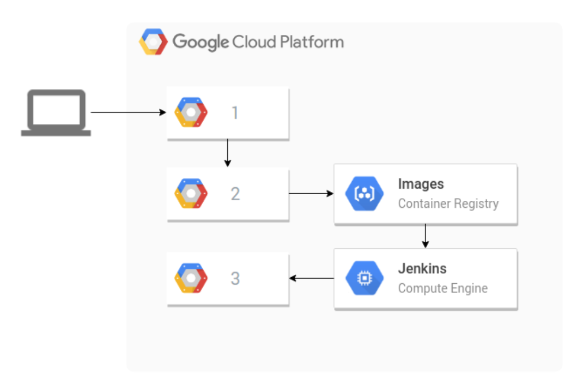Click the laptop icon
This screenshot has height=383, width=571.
[x=56, y=112]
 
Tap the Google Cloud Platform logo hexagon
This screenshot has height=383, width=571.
[x=153, y=42]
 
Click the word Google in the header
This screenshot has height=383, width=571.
[x=201, y=42]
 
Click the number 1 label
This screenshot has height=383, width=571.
[x=235, y=113]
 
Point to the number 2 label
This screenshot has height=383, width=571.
[x=235, y=194]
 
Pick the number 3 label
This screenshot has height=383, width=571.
[x=235, y=278]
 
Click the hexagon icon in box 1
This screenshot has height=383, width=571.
[x=191, y=112]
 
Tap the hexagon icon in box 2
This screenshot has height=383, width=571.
[x=191, y=193]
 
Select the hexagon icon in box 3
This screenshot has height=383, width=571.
[x=191, y=278]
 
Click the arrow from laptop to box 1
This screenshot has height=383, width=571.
[x=128, y=112]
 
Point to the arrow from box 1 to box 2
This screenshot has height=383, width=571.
[x=228, y=153]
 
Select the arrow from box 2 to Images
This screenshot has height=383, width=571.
[x=311, y=193]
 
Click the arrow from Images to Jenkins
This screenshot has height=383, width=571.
[x=425, y=236]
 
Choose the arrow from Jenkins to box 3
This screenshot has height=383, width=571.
[x=311, y=278]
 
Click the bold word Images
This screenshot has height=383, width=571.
[x=421, y=184]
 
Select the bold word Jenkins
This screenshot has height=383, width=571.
[x=422, y=268]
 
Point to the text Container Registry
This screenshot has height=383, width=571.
[x=448, y=204]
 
